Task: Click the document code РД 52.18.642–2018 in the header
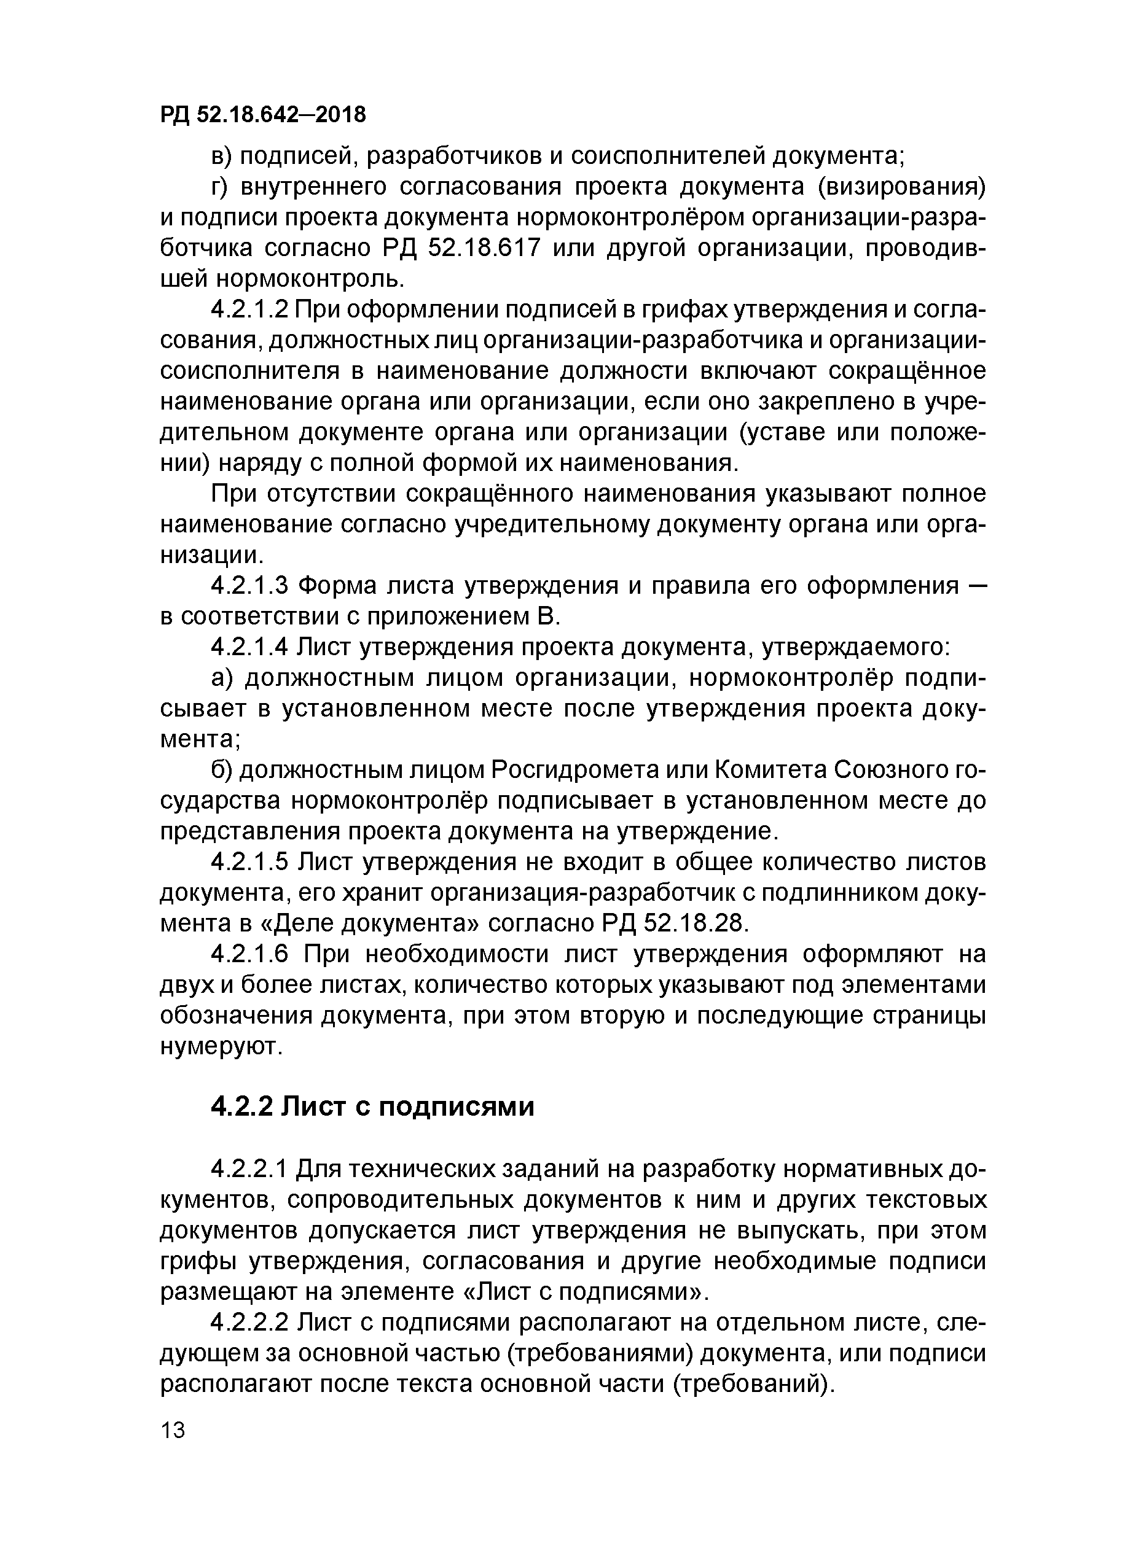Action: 263,115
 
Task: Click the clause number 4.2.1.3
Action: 248,586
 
